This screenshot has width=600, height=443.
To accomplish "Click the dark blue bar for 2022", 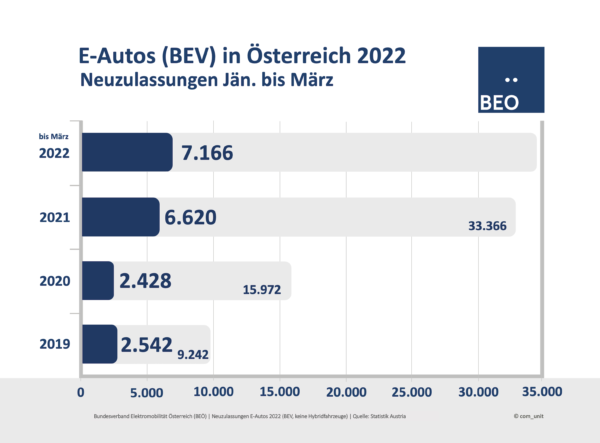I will click(x=126, y=152).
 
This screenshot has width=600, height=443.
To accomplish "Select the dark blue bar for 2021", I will click(x=119, y=217).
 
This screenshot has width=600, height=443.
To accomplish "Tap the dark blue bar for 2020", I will click(x=97, y=281).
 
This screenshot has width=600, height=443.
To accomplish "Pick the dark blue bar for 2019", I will click(x=98, y=344).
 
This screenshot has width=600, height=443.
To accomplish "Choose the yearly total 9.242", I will click(x=193, y=351).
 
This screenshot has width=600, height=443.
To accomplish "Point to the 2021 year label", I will click(x=54, y=217).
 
